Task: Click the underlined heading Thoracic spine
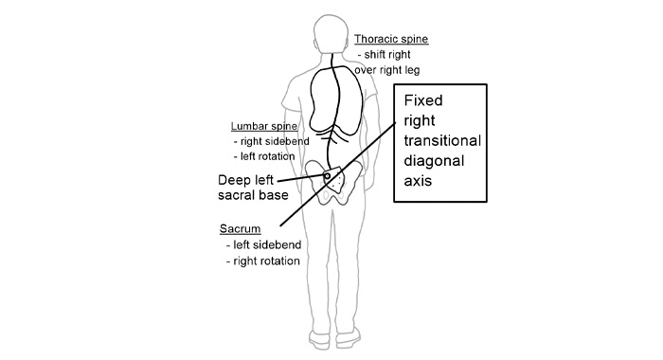pyautogui.click(x=391, y=40)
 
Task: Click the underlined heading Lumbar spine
pyautogui.click(x=264, y=126)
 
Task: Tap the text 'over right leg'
pyautogui.click(x=386, y=70)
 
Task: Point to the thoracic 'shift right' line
pyautogui.click(x=396, y=55)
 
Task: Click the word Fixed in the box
pyautogui.click(x=423, y=100)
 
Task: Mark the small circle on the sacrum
pyautogui.click(x=327, y=176)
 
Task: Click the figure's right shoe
pyautogui.click(x=364, y=336)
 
